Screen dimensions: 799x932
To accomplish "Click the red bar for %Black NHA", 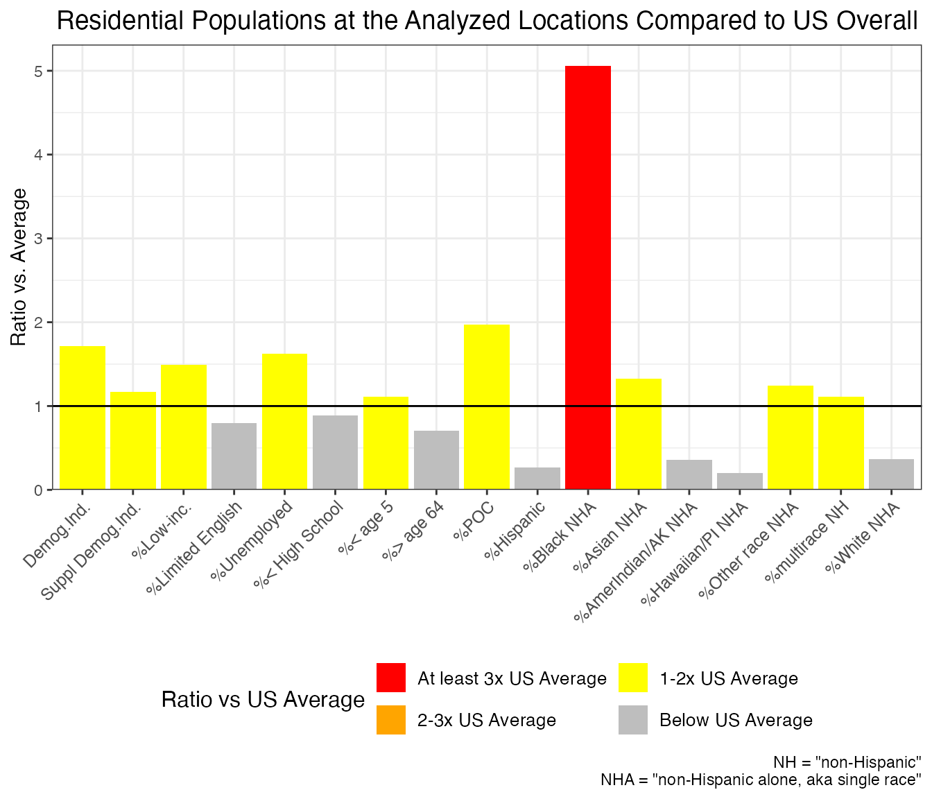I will [x=588, y=277].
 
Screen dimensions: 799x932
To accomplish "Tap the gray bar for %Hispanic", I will [x=537, y=479].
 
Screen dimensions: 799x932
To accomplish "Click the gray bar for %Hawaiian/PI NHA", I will [x=740, y=481].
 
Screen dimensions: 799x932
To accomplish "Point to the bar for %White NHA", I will [x=891, y=474].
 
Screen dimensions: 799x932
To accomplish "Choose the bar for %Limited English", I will [x=234, y=456].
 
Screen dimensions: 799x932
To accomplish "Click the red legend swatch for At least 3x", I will [x=391, y=678].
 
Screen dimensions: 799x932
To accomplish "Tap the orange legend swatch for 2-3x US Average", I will [x=391, y=720].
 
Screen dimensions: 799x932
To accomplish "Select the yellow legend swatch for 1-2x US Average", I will [x=633, y=678].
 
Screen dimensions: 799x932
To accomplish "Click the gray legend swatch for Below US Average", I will [x=633, y=720].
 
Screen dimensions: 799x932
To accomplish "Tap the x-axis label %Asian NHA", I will [x=610, y=538].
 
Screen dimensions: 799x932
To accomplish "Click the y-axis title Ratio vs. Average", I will [x=19, y=267].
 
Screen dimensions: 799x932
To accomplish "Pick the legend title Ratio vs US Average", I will [x=263, y=699].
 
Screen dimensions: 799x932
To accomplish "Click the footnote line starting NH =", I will [x=847, y=761].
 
